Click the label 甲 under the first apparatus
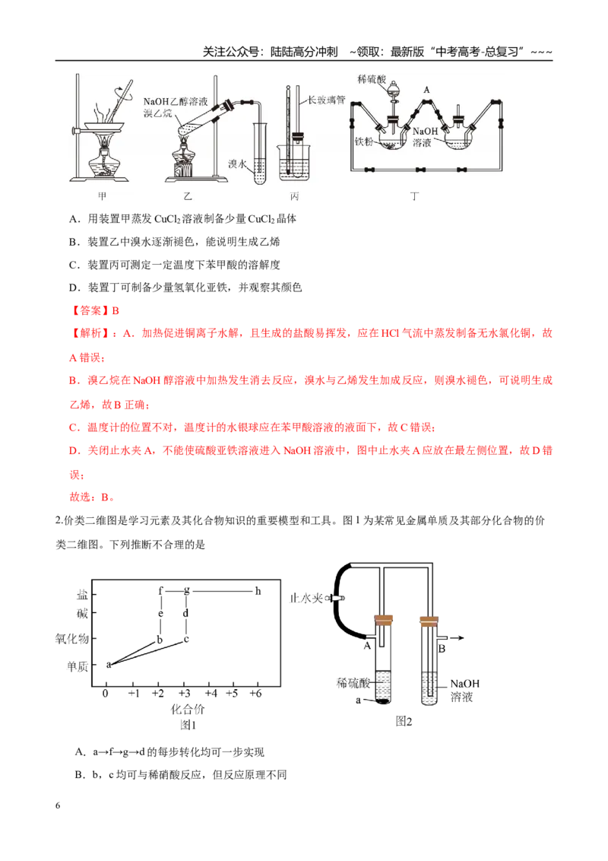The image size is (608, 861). tap(102, 196)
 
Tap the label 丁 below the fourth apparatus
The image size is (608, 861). tap(414, 196)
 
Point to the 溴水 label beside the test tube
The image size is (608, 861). tap(237, 164)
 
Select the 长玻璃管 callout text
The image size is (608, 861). tap(326, 100)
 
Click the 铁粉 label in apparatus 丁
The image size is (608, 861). tap(364, 141)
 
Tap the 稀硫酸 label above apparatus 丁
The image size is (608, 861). tap(372, 80)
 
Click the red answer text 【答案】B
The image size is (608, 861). tap(94, 310)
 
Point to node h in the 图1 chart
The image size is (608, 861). tap(258, 591)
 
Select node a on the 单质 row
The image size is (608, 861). tap(109, 665)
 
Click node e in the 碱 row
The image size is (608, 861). tap(160, 613)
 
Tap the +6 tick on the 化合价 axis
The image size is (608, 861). tap(255, 693)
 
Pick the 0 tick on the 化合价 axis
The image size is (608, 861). tap(106, 693)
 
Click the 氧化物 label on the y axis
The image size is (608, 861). tap(72, 639)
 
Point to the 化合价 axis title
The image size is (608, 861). tap(188, 709)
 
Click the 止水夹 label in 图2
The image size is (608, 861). tap(306, 598)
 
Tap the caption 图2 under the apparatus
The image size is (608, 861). tap(404, 721)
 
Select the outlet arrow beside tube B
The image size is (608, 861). tap(457, 637)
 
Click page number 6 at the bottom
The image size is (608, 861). tap(58, 805)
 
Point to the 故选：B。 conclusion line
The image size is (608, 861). tap(92, 497)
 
